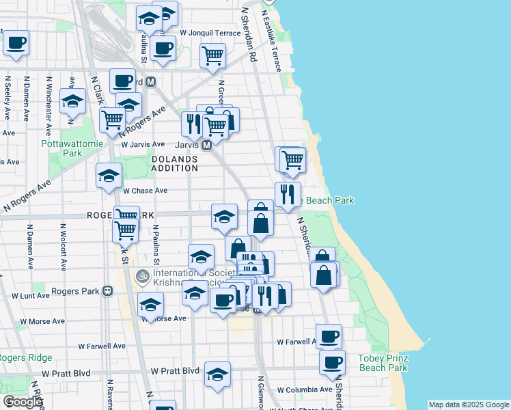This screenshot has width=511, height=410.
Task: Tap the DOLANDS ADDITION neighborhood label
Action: tap(174, 163)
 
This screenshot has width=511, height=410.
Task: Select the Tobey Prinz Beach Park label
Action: tap(383, 363)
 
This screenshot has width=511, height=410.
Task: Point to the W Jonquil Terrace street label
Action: tap(210, 33)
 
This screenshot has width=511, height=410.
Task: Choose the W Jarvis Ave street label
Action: tap(143, 144)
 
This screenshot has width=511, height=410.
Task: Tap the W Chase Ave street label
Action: tap(145, 191)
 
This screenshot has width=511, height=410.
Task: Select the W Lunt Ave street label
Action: tap(31, 295)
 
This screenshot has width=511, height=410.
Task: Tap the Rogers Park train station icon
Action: tap(107, 290)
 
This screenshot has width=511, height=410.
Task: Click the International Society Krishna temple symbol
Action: tap(143, 277)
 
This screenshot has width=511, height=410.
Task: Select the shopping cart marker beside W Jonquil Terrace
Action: tap(213, 55)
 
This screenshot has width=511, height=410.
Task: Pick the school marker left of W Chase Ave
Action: tap(109, 176)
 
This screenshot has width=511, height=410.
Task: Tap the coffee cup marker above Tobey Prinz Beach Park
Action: tap(332, 362)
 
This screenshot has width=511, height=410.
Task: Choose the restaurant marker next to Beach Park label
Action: tap(288, 194)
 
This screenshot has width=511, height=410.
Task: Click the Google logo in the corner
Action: tap(23, 402)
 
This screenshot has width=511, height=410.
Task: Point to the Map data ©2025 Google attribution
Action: tap(469, 405)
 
